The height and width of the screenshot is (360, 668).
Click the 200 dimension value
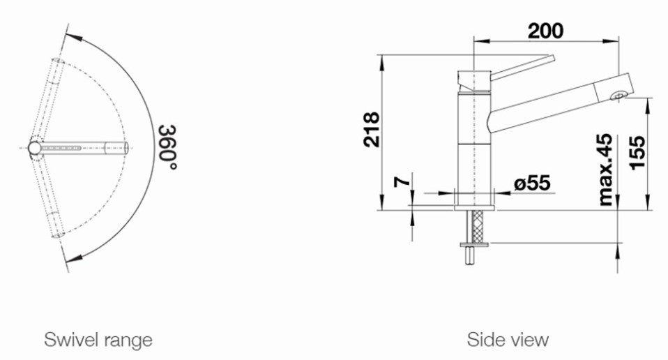tap(545, 31)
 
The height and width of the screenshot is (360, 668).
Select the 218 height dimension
tap(372, 130)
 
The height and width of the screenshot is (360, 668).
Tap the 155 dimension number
tap(638, 153)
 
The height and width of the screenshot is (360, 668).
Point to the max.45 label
tap(605, 170)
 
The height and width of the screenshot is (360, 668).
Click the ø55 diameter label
tap(532, 183)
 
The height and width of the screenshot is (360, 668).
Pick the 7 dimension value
tap(402, 181)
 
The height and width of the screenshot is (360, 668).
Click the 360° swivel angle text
tap(167, 147)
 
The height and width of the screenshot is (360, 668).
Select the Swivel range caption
tap(98, 340)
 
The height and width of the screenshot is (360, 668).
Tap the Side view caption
tap(508, 340)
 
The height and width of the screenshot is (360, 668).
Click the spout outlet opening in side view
tap(618, 96)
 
